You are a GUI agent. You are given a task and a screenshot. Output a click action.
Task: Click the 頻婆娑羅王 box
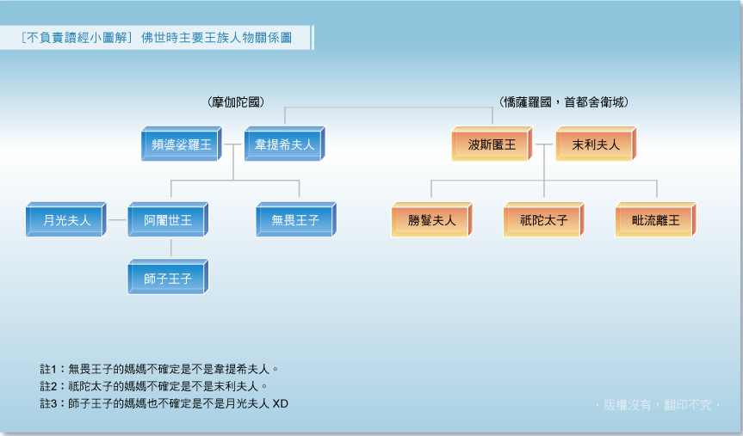tap(181, 144)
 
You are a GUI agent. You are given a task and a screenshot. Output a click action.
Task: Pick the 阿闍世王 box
tap(168, 220)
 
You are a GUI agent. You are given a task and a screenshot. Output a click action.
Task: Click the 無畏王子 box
tap(295, 220)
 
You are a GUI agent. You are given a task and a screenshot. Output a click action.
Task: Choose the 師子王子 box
tap(168, 278)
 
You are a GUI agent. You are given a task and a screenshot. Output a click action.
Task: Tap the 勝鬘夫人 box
tap(431, 220)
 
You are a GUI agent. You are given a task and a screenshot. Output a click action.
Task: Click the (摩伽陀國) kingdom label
tap(236, 102)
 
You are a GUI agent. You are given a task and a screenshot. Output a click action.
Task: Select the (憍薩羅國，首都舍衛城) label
tap(564, 102)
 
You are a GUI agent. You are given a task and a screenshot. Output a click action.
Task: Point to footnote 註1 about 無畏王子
tap(159, 369)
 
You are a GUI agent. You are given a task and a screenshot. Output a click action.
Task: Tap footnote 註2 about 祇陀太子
tap(154, 386)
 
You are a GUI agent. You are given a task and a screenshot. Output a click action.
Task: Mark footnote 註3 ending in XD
tap(164, 402)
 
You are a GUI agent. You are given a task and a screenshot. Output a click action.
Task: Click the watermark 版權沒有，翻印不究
tap(658, 404)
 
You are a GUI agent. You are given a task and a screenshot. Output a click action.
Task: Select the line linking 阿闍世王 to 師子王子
tap(170, 249)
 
